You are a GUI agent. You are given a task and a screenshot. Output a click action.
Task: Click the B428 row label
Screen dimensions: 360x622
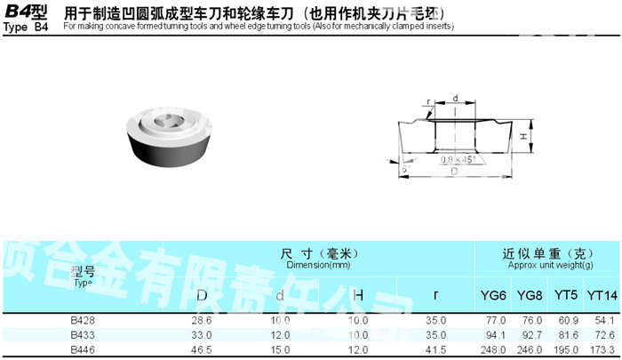[x=83, y=319]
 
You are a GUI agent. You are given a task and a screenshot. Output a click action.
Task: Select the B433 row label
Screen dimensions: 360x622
[x=83, y=335]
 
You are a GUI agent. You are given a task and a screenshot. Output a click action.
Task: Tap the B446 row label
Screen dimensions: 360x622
[x=83, y=351]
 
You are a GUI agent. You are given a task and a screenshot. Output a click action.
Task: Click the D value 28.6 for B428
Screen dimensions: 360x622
[x=202, y=319]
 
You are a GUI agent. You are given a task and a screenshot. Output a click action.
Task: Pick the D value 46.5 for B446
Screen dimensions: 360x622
[x=202, y=351]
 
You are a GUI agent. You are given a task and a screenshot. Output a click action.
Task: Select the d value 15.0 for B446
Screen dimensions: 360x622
[x=280, y=351]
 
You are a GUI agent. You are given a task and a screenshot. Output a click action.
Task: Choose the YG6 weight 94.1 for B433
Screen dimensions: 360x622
[x=495, y=335]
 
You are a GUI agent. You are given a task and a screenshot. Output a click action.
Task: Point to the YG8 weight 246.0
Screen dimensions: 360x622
[x=530, y=351]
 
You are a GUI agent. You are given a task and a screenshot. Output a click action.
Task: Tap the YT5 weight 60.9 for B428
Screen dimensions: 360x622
[x=566, y=319]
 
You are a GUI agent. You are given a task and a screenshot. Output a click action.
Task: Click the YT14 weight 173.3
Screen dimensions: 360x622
[x=602, y=351]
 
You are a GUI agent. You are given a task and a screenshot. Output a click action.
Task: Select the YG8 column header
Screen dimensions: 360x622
[x=530, y=295]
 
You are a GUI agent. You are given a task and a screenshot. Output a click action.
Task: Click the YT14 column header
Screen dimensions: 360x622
[x=602, y=295]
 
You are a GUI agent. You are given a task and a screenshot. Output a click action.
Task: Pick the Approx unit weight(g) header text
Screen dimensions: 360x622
[x=548, y=265]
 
